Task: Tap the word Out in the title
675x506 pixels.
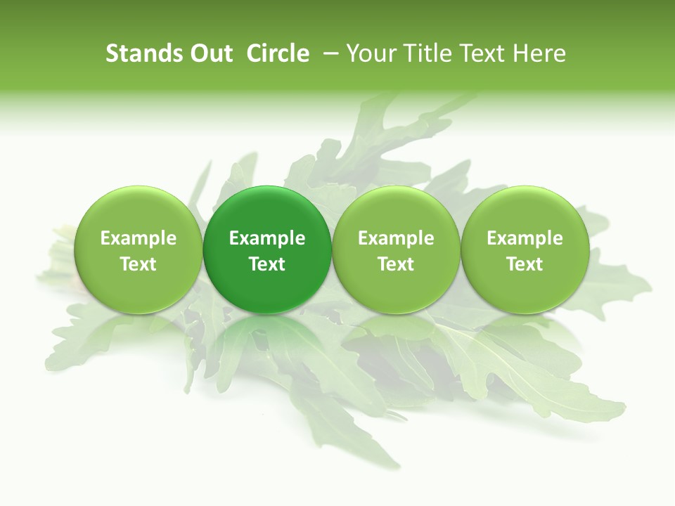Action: click(209, 53)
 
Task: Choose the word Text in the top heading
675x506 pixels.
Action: click(478, 53)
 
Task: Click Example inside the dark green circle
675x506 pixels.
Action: click(267, 238)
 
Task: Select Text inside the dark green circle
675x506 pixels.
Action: click(267, 264)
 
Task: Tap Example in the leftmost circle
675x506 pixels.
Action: click(139, 238)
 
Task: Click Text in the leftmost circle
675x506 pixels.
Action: click(139, 264)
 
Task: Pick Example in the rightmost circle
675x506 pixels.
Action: click(525, 238)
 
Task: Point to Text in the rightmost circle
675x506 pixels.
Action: click(525, 264)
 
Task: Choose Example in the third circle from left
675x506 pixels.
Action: click(396, 238)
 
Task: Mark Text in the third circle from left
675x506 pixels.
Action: click(396, 264)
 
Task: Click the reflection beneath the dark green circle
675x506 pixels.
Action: click(267, 330)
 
